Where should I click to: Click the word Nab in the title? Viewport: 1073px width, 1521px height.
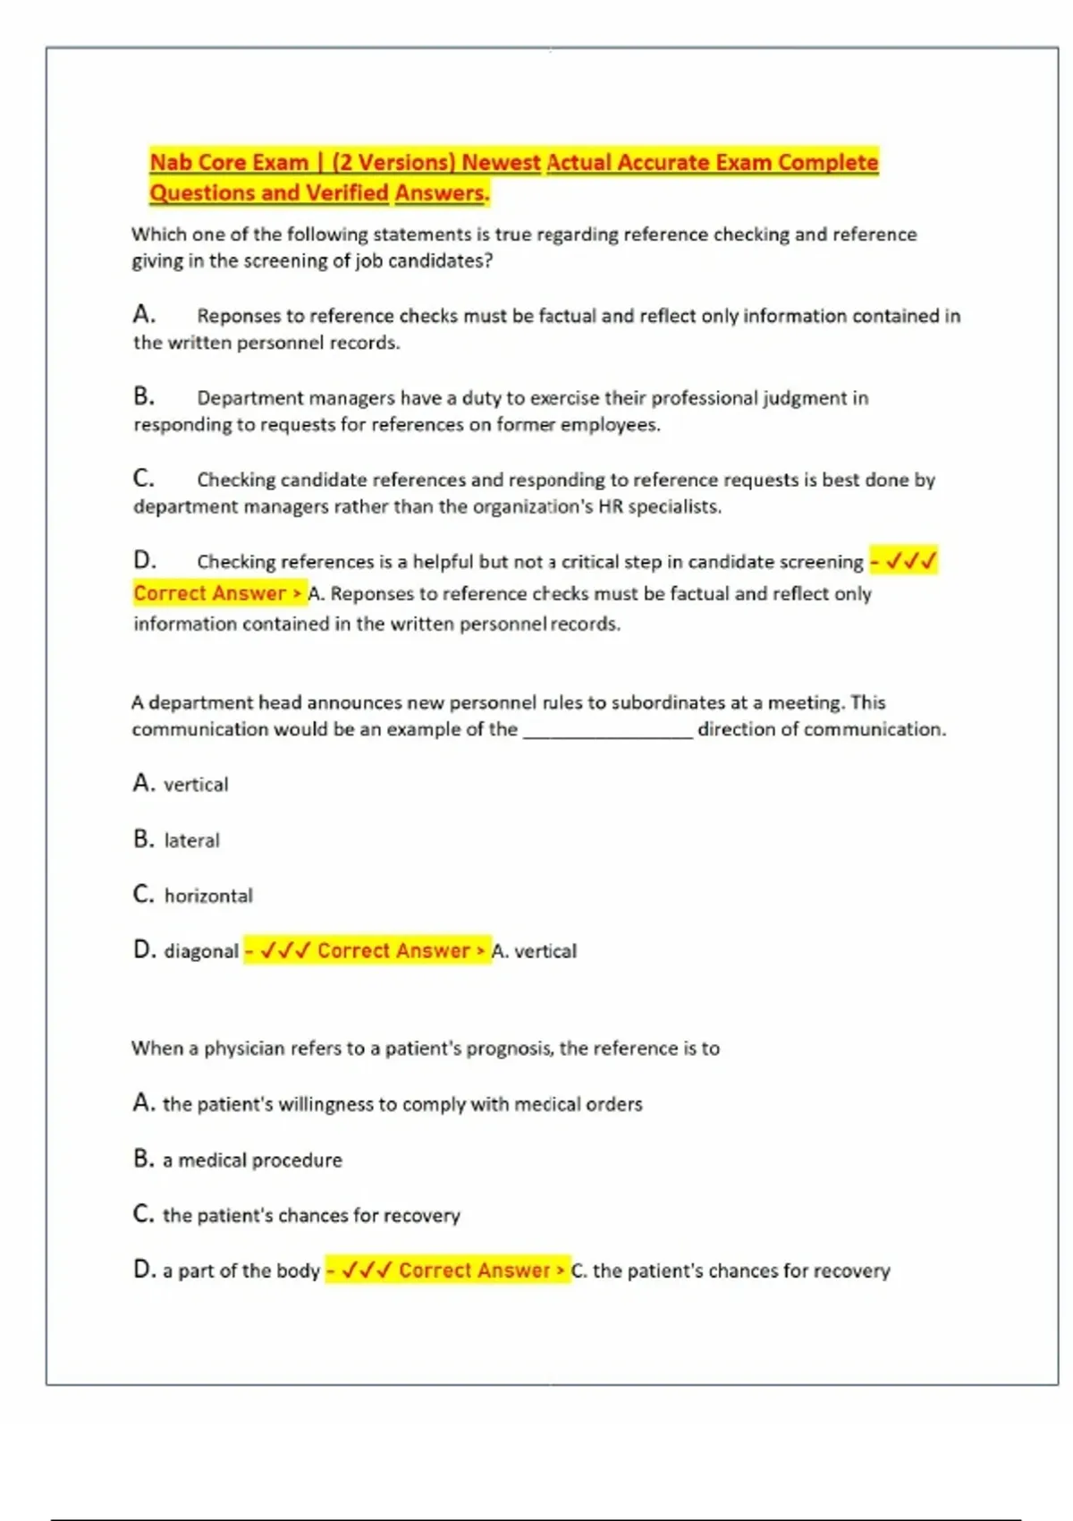170,163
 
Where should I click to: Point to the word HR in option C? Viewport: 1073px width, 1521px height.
610,507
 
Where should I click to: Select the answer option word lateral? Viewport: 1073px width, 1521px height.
191,841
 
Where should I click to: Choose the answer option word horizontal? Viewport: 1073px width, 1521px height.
208,896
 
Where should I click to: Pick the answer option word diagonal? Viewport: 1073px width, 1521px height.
201,951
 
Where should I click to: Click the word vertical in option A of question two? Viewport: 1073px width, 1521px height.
196,786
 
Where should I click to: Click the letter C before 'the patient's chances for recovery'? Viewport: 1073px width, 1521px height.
143,1214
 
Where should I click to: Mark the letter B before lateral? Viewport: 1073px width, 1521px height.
143,839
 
